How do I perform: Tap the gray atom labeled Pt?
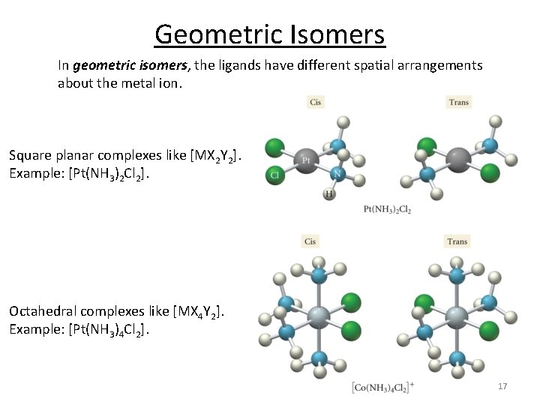tap(306, 160)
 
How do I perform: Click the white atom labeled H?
tap(328, 194)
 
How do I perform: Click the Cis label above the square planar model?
tap(316, 102)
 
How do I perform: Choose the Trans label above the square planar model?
tap(458, 102)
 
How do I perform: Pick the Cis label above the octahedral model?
tap(310, 241)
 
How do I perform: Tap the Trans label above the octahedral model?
tap(457, 241)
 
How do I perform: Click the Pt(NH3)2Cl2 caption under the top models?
tap(386, 209)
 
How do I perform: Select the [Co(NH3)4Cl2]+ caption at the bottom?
tap(383, 386)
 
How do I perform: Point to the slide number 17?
tap(502, 386)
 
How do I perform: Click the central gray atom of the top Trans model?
tap(458, 158)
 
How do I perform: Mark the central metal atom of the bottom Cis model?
tap(318, 316)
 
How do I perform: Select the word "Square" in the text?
tap(31, 156)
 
